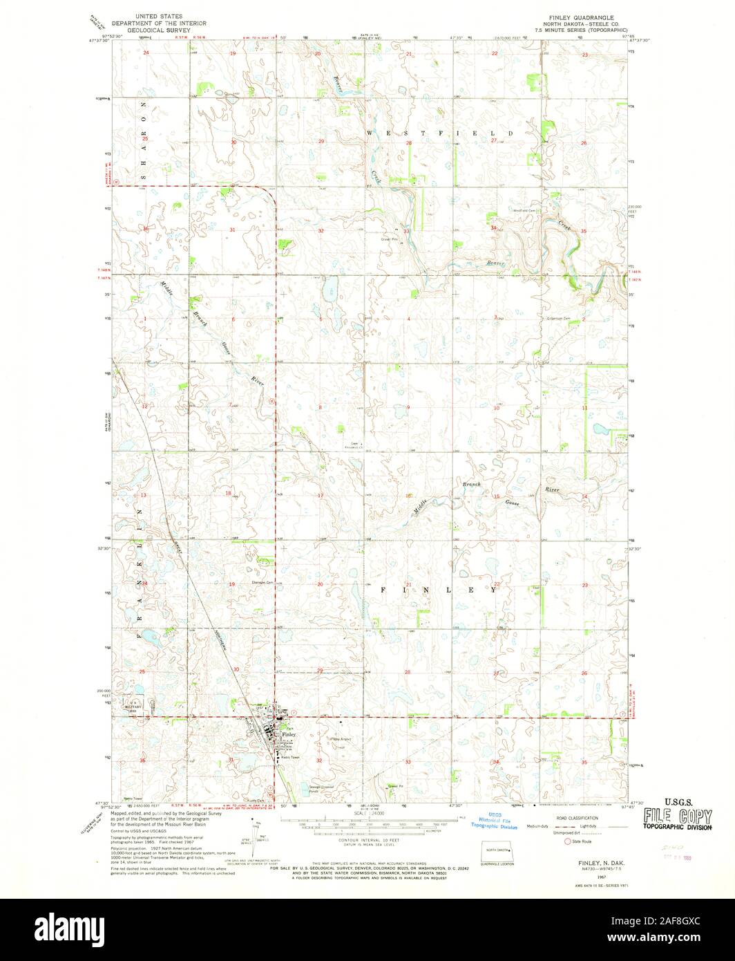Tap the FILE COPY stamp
click(x=678, y=816)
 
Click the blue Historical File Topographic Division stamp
click(x=494, y=820)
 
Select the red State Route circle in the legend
click(x=548, y=841)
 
